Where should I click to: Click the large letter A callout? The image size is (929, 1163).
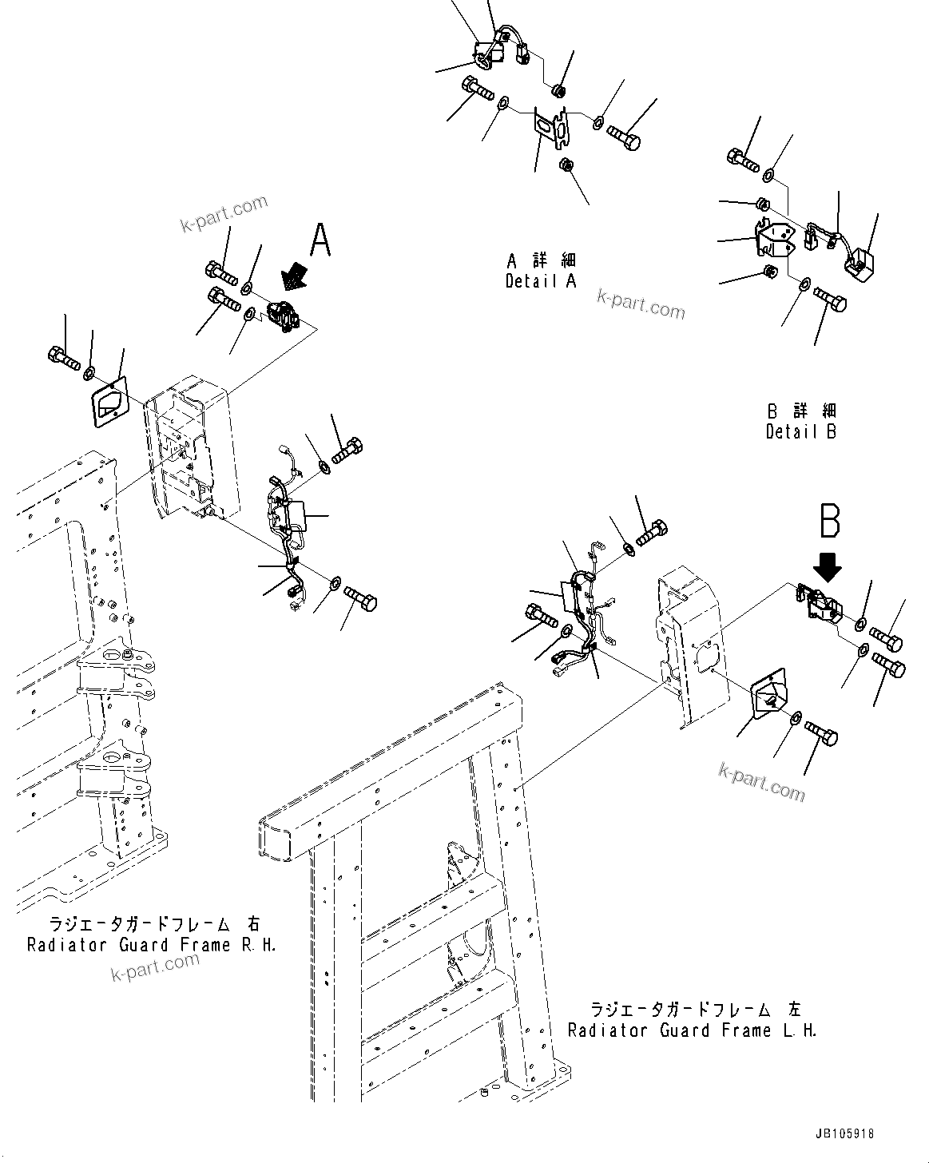tap(320, 239)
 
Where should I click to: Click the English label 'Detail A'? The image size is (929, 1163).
tap(541, 281)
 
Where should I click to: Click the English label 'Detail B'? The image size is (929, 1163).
tap(801, 432)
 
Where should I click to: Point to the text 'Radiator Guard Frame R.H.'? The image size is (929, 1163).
tap(152, 945)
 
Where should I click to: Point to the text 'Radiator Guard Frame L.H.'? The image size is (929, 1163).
tap(693, 1030)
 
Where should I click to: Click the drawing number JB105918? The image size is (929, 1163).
tap(845, 1133)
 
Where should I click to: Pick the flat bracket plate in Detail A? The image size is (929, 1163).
tap(550, 128)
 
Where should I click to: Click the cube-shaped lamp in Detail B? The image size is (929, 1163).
tap(861, 264)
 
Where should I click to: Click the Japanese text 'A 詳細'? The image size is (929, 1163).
tap(541, 261)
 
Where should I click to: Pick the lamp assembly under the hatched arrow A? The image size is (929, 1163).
tap(284, 316)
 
